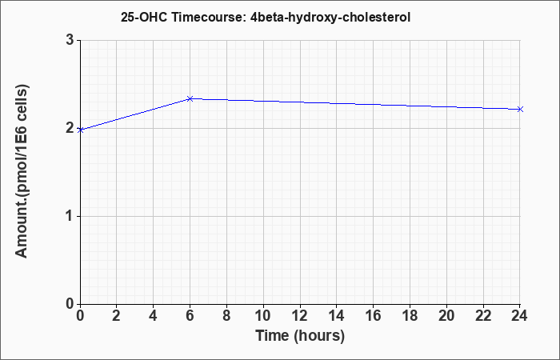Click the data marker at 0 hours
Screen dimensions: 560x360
coord(80,130)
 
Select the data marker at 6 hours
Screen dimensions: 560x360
coord(190,98)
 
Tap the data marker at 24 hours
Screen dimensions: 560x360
coord(520,110)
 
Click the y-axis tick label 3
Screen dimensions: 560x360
coord(70,40)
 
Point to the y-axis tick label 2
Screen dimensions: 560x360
coord(70,128)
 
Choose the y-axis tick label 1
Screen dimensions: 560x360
coord(70,216)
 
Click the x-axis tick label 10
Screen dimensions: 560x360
coord(263,316)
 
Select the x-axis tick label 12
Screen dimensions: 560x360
coord(300,316)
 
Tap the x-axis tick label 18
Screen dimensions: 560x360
coord(410,316)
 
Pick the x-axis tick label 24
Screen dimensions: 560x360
coord(519,316)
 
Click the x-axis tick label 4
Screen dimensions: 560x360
coord(154,316)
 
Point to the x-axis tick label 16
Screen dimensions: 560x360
coord(374,316)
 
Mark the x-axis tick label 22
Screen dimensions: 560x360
coord(483,316)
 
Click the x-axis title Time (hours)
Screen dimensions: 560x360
coord(300,336)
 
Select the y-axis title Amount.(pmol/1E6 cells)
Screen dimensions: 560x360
coord(22,171)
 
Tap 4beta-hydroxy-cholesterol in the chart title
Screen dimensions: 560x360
coord(330,18)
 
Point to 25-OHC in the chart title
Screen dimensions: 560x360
coord(144,17)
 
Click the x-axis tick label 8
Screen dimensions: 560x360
coord(226,316)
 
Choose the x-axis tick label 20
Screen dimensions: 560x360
coord(446,316)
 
